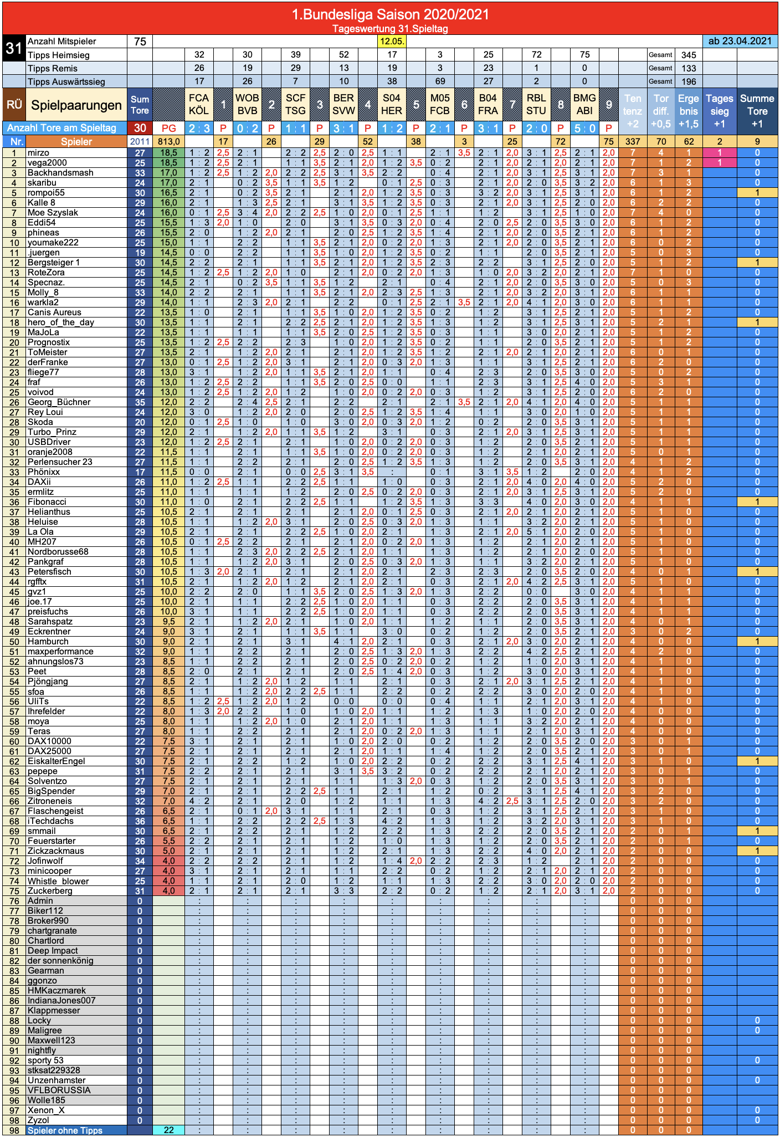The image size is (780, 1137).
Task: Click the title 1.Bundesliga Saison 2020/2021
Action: point(390,14)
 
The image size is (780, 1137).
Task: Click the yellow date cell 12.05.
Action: point(392,41)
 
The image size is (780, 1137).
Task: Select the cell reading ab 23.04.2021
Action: point(740,41)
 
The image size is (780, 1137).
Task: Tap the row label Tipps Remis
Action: point(53,68)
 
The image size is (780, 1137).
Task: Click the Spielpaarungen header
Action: point(76,105)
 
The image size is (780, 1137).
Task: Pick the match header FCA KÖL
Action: point(199,105)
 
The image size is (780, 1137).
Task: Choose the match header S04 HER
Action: point(392,105)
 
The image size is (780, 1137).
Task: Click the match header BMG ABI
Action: point(584,105)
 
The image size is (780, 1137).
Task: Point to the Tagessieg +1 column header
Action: point(720,111)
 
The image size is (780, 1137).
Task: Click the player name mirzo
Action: point(38,153)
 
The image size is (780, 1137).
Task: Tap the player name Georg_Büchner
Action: point(59,402)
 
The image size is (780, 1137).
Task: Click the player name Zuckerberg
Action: point(50,891)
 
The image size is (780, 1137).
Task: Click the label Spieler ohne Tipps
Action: point(65,1130)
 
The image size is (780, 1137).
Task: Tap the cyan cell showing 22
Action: point(168,1130)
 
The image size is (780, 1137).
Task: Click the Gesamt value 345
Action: point(689,55)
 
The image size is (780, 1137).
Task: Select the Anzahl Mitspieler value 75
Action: point(140,42)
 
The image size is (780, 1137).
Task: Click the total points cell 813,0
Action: point(168,142)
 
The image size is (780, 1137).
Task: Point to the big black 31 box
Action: point(14,48)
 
